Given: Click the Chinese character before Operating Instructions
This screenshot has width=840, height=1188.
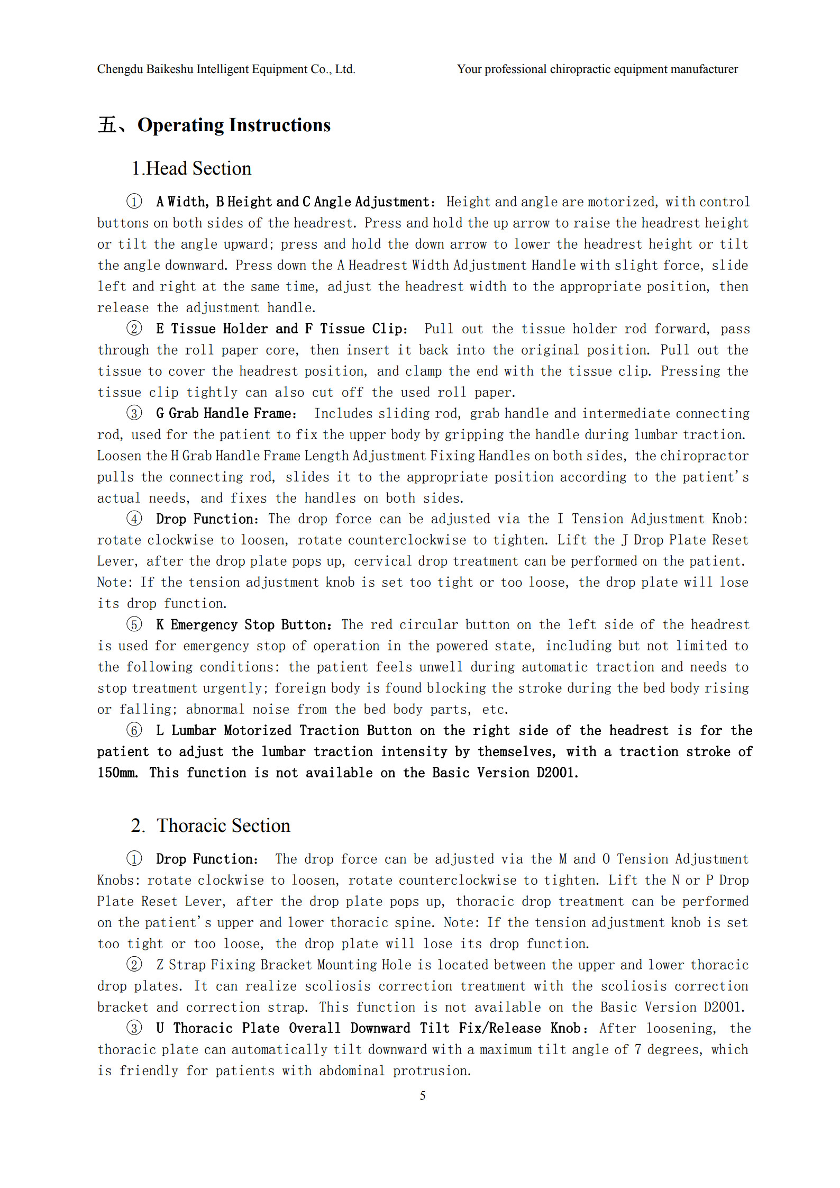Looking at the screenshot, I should pos(107,125).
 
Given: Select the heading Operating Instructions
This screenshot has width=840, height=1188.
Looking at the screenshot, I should pos(234,125).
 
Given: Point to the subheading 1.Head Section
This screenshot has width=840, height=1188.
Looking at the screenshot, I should pos(191,169).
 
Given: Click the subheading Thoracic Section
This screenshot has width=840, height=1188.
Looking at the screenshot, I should pos(223,826).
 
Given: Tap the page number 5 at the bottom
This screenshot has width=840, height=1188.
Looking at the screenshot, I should pos(423,1095).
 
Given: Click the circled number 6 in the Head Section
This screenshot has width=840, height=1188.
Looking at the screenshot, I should pos(134,731).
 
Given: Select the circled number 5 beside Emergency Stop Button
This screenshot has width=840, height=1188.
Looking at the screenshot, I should pos(134,625).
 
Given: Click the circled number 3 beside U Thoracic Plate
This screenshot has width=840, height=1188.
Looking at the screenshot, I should pos(134,1028).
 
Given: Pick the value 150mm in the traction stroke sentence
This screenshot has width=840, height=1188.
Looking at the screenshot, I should pos(117,773).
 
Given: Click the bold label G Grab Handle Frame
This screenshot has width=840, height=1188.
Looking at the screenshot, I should pos(225,413).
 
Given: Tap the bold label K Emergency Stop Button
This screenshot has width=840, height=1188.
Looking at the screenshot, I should pos(243,625).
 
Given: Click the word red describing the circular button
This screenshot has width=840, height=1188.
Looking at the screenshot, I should pos(381,625).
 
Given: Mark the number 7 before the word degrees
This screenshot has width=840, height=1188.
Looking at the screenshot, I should pos(638,1049).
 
